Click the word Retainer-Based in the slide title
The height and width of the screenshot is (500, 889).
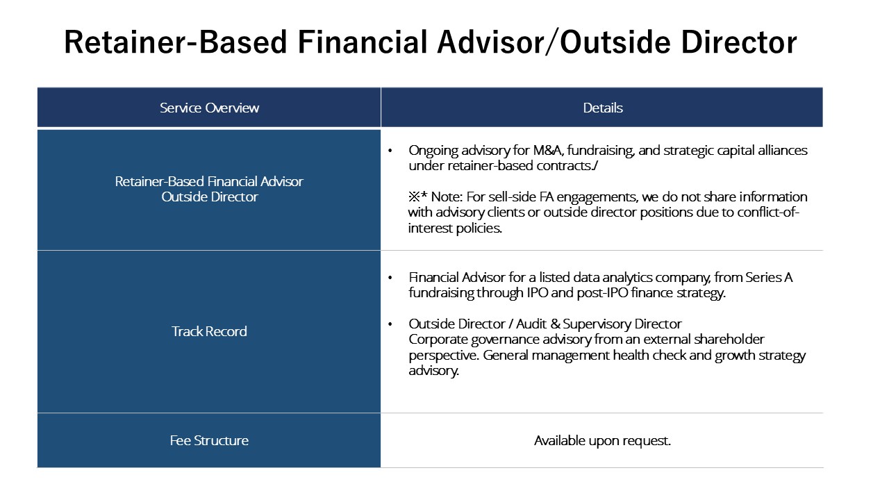coord(175,43)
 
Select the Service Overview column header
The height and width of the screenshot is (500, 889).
coord(209,108)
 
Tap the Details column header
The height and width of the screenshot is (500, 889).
coord(602,108)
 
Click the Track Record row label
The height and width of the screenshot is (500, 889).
coord(209,331)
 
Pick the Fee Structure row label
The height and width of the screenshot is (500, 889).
coord(209,440)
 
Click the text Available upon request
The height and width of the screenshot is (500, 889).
coord(602,440)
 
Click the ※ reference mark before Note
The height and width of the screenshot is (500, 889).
coord(415,197)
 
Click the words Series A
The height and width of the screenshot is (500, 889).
coord(769,277)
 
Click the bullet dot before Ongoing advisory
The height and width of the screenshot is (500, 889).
coord(390,151)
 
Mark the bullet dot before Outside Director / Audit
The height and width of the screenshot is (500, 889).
coord(390,324)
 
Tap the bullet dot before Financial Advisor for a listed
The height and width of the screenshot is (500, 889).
coord(390,278)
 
